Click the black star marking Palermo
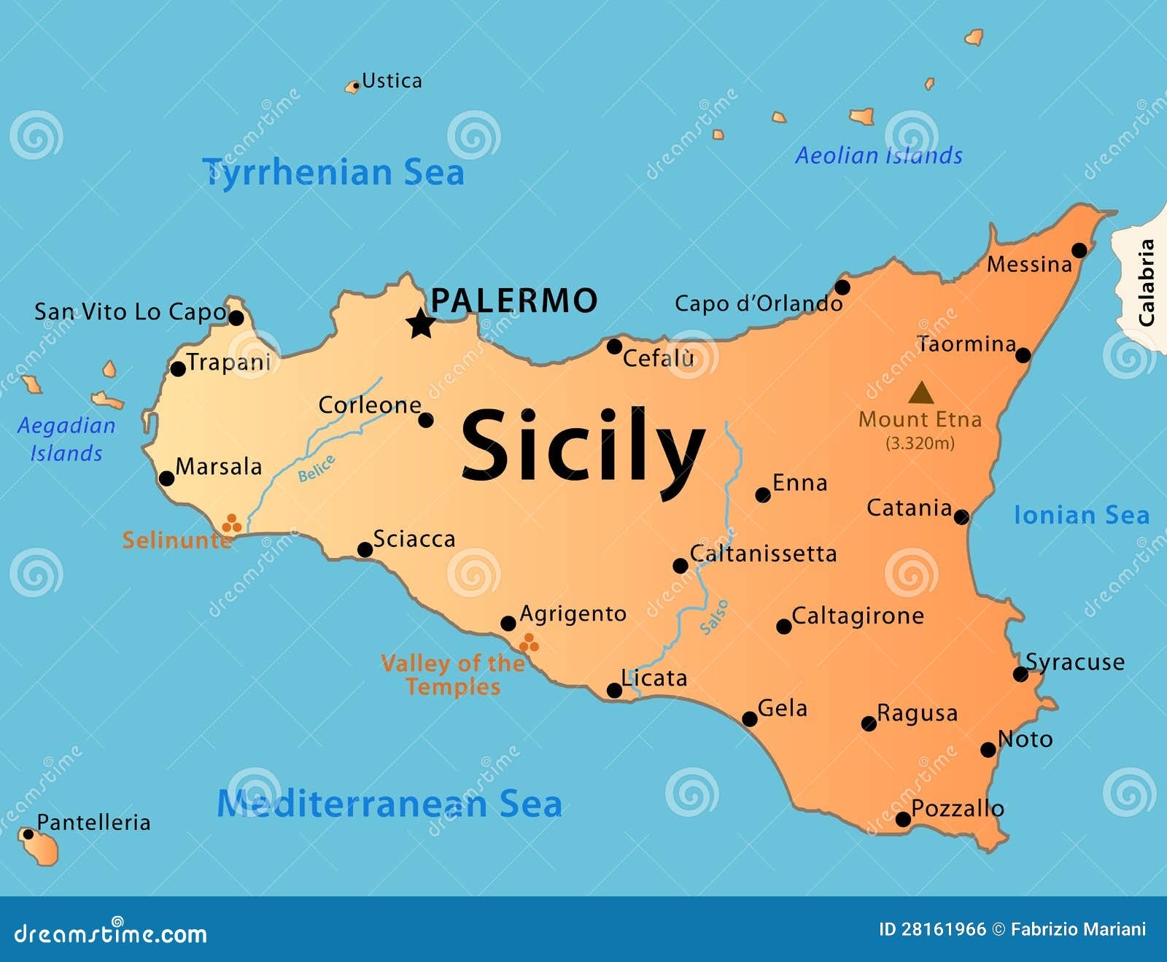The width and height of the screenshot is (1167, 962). coord(421,323)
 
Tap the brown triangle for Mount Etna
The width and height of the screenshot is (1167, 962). coord(921,394)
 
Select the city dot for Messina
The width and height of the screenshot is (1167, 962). coord(1079,251)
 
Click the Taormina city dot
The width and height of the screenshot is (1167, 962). coord(1023,355)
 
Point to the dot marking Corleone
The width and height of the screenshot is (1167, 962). coord(426,420)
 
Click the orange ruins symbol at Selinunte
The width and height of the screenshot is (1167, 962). coord(231,523)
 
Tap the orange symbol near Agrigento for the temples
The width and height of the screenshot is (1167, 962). coord(529,643)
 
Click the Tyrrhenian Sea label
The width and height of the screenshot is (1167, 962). coord(333,173)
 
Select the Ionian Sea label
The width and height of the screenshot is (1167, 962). coord(1082,516)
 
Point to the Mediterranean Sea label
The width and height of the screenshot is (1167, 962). coord(389,804)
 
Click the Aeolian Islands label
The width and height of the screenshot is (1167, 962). coord(878,155)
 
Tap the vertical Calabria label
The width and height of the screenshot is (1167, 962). coord(1147,283)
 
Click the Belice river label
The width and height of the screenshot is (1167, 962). coord(317,468)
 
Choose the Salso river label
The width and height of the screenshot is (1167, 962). coord(714,617)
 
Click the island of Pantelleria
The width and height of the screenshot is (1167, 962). coord(41,848)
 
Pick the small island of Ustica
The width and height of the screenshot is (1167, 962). coord(353,87)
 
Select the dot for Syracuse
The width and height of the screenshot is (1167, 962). coord(1021,675)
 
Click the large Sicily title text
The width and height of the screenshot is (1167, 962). coord(583,446)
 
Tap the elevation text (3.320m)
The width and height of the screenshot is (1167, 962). coord(920,443)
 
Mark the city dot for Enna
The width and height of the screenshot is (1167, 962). coord(763,495)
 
